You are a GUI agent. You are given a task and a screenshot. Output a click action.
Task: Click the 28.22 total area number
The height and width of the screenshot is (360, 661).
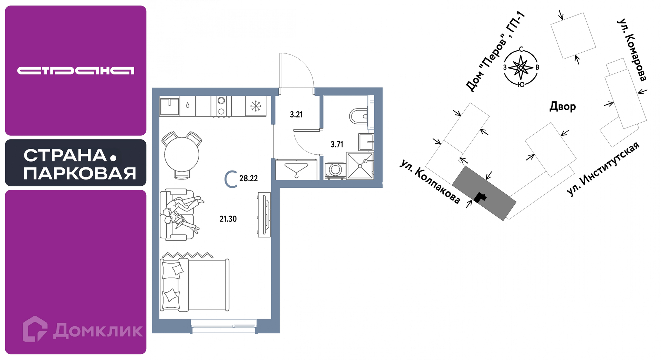click(248, 178)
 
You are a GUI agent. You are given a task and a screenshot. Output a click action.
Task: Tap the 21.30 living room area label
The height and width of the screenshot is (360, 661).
click(228, 219)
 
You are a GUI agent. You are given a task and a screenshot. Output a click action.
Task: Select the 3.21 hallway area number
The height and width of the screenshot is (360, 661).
click(296, 114)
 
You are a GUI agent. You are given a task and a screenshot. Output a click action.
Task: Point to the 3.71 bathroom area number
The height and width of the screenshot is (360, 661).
click(337, 144)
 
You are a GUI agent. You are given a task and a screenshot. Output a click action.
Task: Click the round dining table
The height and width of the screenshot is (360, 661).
click(182, 155)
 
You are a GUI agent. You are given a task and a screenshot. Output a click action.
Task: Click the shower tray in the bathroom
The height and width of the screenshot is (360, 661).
click(360, 166)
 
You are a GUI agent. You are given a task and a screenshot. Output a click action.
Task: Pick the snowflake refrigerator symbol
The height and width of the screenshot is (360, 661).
click(255, 106)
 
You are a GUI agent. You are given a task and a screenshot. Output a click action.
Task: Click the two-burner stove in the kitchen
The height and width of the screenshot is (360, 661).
click(221, 106)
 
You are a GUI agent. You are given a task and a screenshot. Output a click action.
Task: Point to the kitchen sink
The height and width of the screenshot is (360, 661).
click(170, 106)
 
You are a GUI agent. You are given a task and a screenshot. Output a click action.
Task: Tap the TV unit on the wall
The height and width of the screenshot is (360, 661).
click(264, 214)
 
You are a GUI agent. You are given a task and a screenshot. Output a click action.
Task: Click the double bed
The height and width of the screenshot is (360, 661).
click(195, 285)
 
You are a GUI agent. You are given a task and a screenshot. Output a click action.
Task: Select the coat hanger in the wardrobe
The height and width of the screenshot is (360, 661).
click(296, 170)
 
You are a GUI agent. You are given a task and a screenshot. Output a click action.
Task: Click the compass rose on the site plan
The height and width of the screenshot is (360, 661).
click(521, 67)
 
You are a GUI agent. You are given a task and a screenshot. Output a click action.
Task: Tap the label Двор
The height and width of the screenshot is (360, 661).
click(563, 106)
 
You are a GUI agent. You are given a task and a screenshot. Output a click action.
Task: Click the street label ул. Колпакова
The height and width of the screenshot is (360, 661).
click(430, 182)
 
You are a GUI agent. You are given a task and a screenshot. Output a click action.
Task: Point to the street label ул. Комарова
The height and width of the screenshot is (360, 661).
click(632, 50)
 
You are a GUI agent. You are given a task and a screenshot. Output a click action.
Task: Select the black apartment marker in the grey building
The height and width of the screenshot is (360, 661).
click(480, 197)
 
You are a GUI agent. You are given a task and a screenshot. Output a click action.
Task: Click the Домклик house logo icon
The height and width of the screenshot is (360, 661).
click(35, 329)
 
